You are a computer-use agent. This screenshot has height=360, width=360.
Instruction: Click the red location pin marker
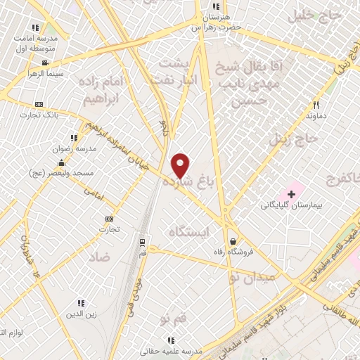pyautogui.click(x=181, y=165)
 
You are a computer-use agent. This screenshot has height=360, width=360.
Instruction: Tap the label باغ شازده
pyautogui.click(x=187, y=183)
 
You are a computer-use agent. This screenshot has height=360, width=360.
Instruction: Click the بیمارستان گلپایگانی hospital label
pyautogui.click(x=291, y=205)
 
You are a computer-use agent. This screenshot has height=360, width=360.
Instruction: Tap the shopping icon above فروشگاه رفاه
pyautogui.click(x=232, y=242)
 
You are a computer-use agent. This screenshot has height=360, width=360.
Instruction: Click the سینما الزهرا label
pyautogui.click(x=46, y=73)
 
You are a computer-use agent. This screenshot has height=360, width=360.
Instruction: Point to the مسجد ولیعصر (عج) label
pyautogui.click(x=58, y=172)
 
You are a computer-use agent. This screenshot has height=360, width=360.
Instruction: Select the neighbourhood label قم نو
pyautogui.click(x=174, y=320)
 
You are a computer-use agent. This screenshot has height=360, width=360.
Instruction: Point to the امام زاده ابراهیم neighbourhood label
pyautogui.click(x=107, y=91)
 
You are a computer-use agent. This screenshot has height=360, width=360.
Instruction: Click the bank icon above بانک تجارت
pyautogui.click(x=39, y=103)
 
